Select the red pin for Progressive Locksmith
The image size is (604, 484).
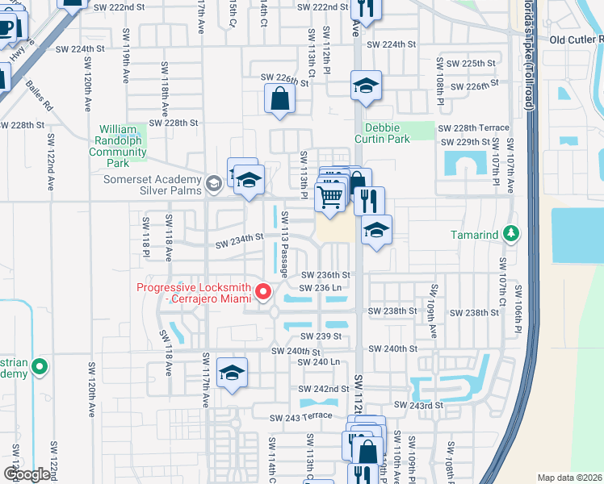tap(262, 292)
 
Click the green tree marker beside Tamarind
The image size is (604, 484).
tap(510, 234)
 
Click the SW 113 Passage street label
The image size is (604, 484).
tap(284, 251)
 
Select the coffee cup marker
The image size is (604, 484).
tap(7, 29)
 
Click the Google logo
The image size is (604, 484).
tap(26, 474)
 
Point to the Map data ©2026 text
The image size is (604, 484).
tap(569, 478)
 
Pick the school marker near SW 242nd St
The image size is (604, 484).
tap(232, 373)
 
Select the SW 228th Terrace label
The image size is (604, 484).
tap(473, 127)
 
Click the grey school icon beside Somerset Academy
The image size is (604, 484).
tap(214, 184)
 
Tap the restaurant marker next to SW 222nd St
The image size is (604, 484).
tap(367, 8)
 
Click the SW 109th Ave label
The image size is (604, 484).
tap(433, 299)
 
